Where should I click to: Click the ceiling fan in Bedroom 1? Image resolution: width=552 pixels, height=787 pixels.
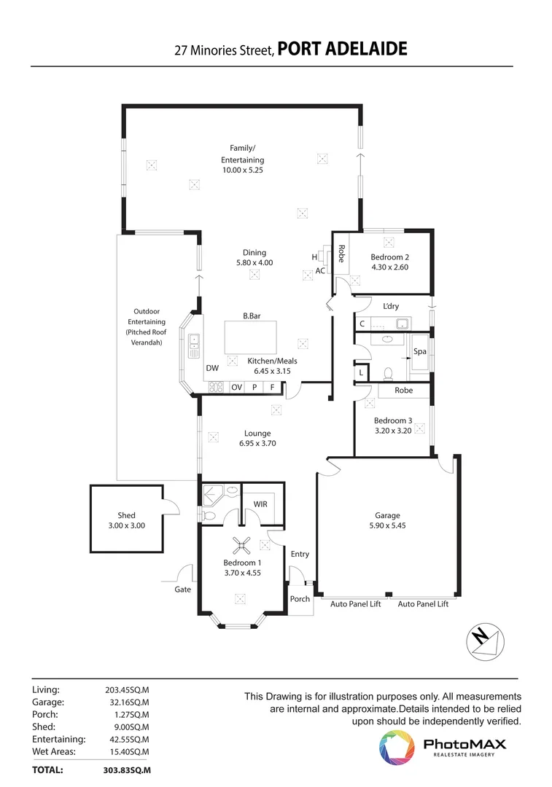tap(241, 544)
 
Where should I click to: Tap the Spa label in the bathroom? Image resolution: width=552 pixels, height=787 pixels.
tap(419, 351)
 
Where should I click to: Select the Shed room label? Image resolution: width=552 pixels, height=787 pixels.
tap(126, 515)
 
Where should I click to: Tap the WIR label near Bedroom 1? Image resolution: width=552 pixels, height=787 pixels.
tap(260, 504)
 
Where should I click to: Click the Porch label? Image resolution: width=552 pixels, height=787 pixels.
tap(300, 599)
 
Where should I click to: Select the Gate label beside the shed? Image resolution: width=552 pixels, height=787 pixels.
tap(182, 589)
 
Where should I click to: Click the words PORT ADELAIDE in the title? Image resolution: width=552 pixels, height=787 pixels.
tap(342, 50)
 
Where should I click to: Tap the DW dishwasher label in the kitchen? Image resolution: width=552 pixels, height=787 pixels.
tap(212, 369)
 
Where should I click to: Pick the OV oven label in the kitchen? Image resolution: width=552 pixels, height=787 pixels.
tap(236, 388)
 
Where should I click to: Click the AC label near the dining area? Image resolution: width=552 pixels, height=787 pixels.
tap(320, 270)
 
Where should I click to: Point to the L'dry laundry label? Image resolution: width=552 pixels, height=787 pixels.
tap(391, 306)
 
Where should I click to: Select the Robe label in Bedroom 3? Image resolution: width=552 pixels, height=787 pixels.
tap(403, 391)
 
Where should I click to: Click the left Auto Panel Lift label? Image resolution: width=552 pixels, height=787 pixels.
tap(356, 604)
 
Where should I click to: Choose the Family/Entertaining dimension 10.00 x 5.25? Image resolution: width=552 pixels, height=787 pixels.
tap(242, 170)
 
